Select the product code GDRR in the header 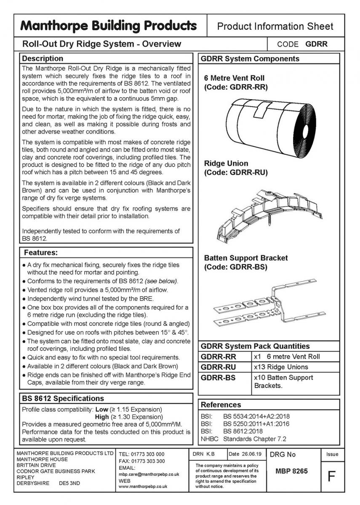point(316,44)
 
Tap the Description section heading point(42,58)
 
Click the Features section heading point(40,253)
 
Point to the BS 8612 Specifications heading point(62,398)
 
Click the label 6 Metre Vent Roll point(234,78)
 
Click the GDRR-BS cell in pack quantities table point(218,377)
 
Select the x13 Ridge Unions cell point(281,367)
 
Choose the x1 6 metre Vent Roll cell point(287,356)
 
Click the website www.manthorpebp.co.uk point(143,486)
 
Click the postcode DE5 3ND point(70,483)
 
